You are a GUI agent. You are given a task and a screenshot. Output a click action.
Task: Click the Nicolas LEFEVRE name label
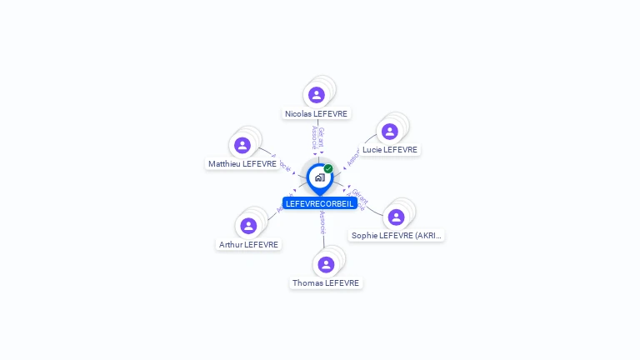click(316, 113)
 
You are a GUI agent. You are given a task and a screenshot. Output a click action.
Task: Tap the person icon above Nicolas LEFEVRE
click(316, 95)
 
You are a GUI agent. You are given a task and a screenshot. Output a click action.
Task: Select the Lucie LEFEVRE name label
click(389, 150)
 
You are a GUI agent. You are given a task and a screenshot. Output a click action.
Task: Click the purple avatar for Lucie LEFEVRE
click(389, 132)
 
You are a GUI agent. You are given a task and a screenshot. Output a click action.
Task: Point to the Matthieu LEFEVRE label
click(242, 164)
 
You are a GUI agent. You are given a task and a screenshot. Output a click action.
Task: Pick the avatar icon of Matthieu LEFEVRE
click(242, 146)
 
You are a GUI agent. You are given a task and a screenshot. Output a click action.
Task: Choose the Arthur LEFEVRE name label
click(248, 244)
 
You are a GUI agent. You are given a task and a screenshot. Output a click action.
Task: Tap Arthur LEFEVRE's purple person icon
click(248, 226)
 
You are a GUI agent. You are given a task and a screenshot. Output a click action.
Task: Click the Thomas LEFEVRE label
click(326, 283)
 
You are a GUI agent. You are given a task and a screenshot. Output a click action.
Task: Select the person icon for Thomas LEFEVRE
click(326, 264)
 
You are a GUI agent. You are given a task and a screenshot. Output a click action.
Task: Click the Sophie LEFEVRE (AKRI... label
click(397, 236)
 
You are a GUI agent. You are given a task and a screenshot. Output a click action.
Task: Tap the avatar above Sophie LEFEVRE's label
click(396, 217)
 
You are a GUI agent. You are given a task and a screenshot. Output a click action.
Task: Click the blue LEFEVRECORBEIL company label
click(319, 203)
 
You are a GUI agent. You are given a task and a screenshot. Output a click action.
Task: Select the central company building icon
click(319, 177)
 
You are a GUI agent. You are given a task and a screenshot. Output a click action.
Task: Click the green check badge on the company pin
click(328, 169)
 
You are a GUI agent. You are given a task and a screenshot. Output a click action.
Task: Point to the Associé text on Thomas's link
click(322, 222)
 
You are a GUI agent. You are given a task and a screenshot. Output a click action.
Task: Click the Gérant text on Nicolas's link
click(321, 137)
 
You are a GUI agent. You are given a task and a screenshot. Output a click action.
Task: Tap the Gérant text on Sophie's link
click(359, 197)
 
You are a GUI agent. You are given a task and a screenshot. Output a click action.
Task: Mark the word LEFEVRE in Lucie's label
click(400, 150)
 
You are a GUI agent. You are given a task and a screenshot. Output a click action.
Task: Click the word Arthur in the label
click(231, 244)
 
